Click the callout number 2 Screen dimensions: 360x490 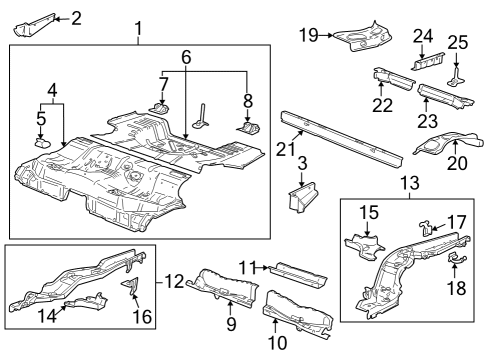77,17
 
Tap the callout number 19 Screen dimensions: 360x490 308,35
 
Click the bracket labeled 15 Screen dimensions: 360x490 364,246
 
